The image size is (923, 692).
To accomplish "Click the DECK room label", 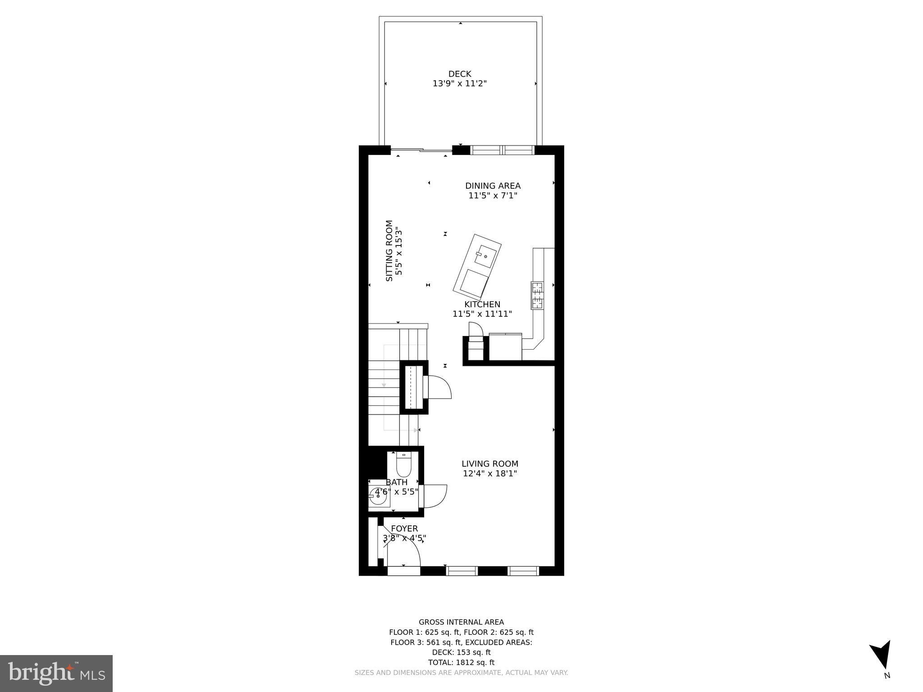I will click(x=460, y=74).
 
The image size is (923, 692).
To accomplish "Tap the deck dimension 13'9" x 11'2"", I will click(x=460, y=84).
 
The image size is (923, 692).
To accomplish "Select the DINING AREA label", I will click(x=493, y=186).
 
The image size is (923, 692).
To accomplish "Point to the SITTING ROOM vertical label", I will click(x=389, y=251).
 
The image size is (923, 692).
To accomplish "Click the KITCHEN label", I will click(x=482, y=305).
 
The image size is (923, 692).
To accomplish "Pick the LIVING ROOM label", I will click(x=490, y=464).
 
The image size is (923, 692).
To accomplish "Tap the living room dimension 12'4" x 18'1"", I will click(x=490, y=473).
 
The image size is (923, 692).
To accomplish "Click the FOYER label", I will click(x=404, y=528).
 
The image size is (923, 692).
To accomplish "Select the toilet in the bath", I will click(x=404, y=465).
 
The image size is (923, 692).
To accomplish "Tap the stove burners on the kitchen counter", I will click(x=537, y=295).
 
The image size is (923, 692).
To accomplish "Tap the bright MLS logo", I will click(x=56, y=673).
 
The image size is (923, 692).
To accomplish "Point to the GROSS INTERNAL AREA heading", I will click(x=461, y=622).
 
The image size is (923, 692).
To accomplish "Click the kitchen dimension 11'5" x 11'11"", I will click(x=482, y=314).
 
